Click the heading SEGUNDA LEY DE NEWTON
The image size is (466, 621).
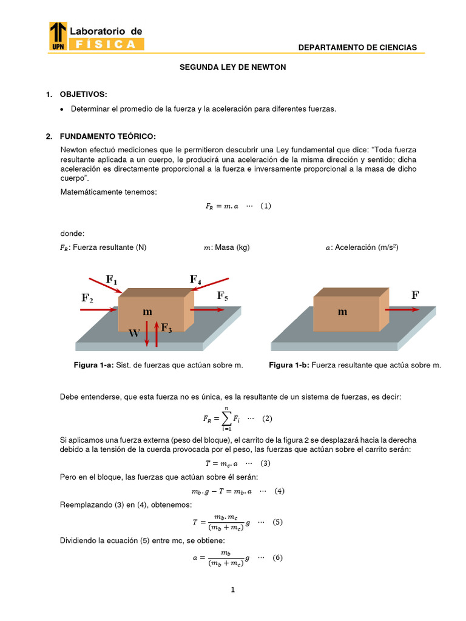click(232, 67)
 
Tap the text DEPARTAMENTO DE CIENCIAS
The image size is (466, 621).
click(358, 47)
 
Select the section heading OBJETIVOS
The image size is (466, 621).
click(83, 94)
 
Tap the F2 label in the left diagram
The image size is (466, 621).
click(87, 298)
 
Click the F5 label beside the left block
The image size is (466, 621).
click(223, 296)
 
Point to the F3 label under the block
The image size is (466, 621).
click(166, 328)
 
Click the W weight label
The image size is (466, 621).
click(135, 333)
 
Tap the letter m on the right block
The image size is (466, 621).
click(343, 312)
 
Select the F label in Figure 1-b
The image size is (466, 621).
click(415, 295)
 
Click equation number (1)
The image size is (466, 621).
click(265, 206)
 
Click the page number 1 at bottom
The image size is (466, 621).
click(232, 594)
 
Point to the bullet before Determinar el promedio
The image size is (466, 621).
click(62, 109)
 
